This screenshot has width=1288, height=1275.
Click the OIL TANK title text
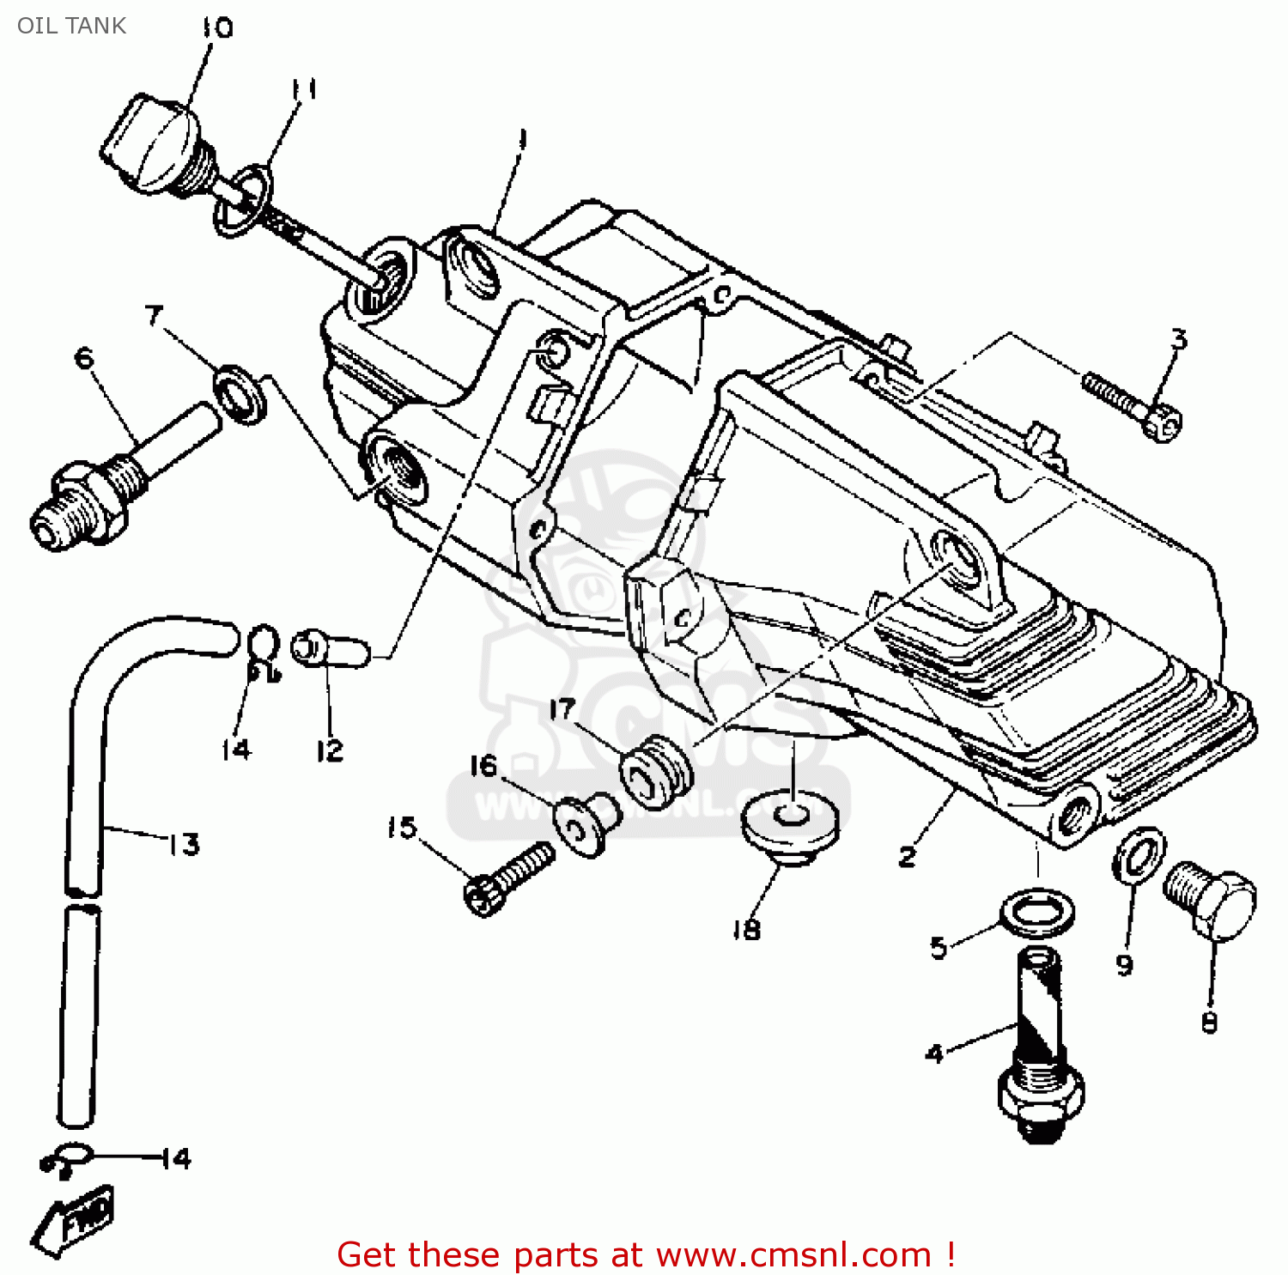click(71, 26)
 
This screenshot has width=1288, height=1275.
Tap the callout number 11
click(302, 89)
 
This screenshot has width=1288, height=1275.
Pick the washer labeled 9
click(1139, 854)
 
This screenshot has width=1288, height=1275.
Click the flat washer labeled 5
click(1037, 914)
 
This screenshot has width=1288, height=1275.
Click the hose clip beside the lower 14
click(67, 1159)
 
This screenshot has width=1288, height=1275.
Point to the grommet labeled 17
click(657, 770)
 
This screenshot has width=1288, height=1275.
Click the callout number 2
click(908, 856)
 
